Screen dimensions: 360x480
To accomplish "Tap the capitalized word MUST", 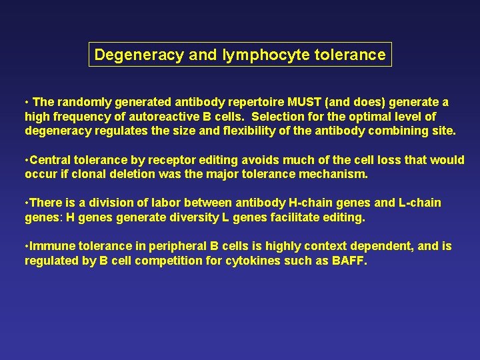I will pos(303,103).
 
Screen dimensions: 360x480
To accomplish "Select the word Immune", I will pos(53,246).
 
